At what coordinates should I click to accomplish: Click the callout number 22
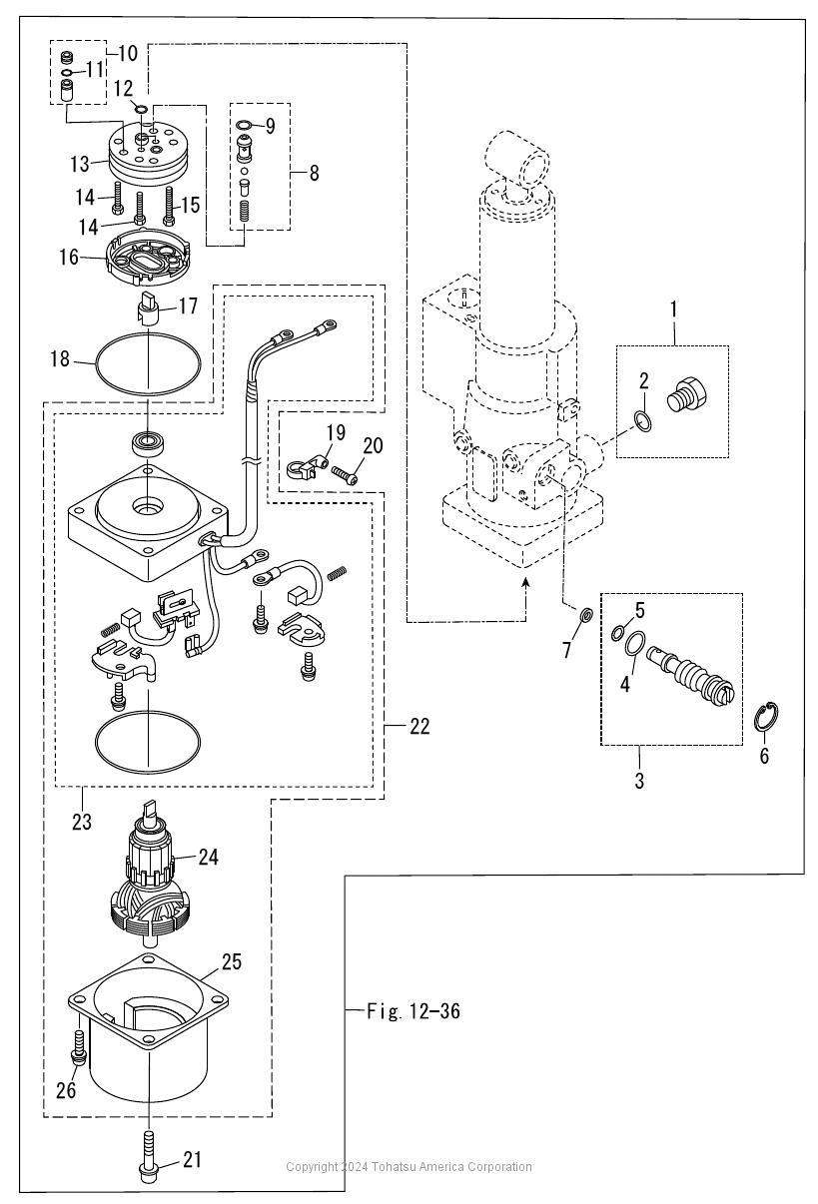(x=420, y=727)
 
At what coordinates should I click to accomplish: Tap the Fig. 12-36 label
(x=413, y=1011)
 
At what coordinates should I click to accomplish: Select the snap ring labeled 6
(x=766, y=717)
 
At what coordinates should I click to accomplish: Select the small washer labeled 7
(x=585, y=614)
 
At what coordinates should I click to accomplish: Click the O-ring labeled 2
(x=643, y=420)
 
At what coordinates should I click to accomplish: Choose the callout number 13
(x=80, y=164)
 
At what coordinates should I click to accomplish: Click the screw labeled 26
(x=79, y=1047)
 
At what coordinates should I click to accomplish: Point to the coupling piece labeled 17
(x=146, y=309)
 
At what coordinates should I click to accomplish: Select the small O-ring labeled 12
(x=141, y=110)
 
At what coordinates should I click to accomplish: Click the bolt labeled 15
(x=169, y=206)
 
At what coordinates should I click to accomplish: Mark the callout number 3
(x=639, y=781)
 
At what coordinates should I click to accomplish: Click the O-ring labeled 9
(x=243, y=125)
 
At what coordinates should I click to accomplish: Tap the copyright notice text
(x=409, y=1166)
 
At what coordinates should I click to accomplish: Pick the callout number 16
(x=69, y=257)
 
